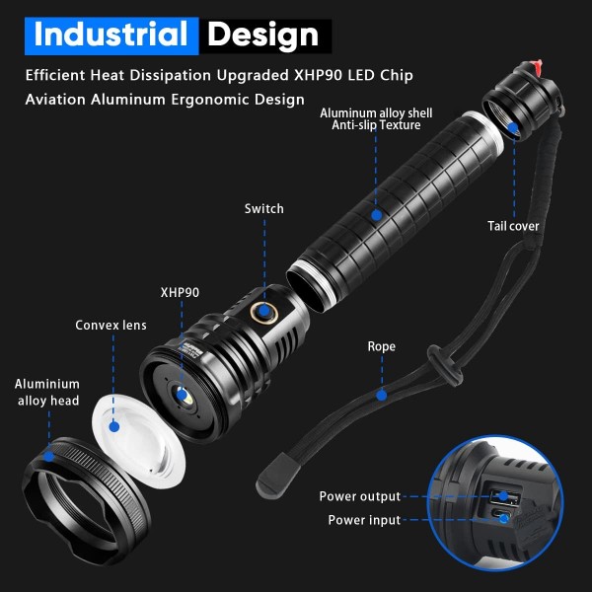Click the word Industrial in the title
111,34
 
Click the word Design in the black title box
263,36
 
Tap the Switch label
263,209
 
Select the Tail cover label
513,226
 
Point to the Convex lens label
111,325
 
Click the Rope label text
381,346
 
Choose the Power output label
360,496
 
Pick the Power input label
364,520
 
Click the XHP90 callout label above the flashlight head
180,293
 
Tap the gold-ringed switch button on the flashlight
264,312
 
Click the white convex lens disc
138,441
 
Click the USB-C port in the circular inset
501,515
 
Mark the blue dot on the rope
382,396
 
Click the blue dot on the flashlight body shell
377,215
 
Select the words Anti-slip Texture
376,125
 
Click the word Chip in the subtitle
397,76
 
